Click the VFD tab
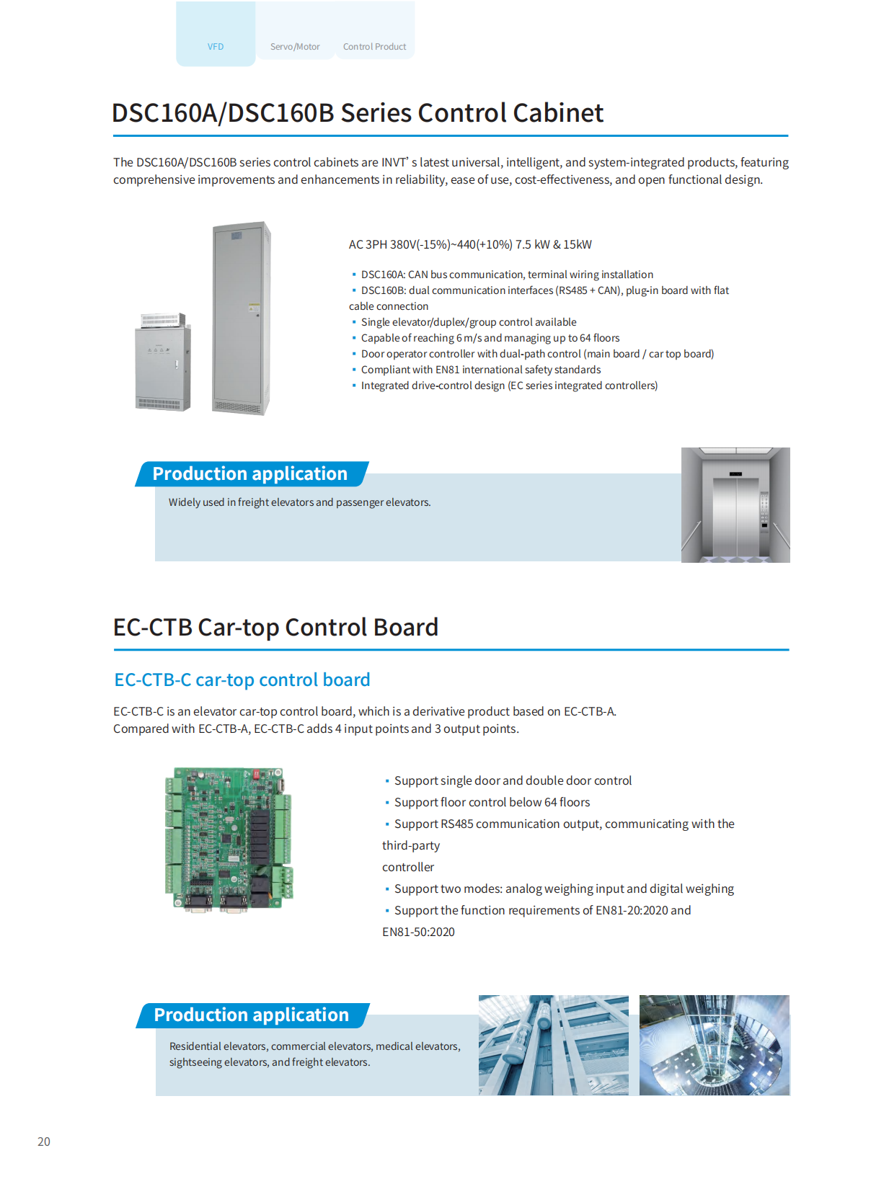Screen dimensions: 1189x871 [x=216, y=46]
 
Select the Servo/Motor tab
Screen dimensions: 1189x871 [x=295, y=46]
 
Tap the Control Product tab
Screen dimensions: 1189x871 [x=374, y=46]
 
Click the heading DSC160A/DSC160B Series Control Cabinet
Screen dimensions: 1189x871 [x=358, y=113]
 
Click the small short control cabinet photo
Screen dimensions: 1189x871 [x=163, y=362]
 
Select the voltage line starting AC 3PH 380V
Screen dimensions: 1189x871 [x=470, y=244]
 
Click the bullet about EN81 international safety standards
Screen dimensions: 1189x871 [x=480, y=370]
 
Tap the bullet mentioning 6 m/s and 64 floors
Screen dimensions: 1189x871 [x=490, y=338]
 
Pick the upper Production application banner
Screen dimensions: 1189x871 [x=250, y=473]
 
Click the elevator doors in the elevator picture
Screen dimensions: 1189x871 [x=735, y=515]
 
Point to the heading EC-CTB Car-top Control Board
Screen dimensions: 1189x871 [x=275, y=627]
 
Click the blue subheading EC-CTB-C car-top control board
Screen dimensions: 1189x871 [x=242, y=680]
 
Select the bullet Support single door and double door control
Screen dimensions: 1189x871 [x=513, y=780]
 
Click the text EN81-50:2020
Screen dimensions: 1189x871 [x=418, y=932]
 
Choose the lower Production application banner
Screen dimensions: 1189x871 [x=252, y=1015]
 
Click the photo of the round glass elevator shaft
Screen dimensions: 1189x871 [x=714, y=1045]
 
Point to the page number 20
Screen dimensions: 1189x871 [x=44, y=1141]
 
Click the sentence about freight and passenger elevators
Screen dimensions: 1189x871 [x=299, y=502]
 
